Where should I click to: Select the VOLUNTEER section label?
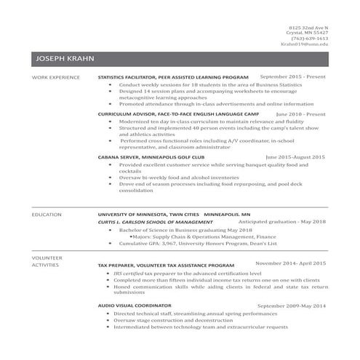[47, 257]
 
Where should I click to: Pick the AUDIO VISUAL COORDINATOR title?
[135, 306]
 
